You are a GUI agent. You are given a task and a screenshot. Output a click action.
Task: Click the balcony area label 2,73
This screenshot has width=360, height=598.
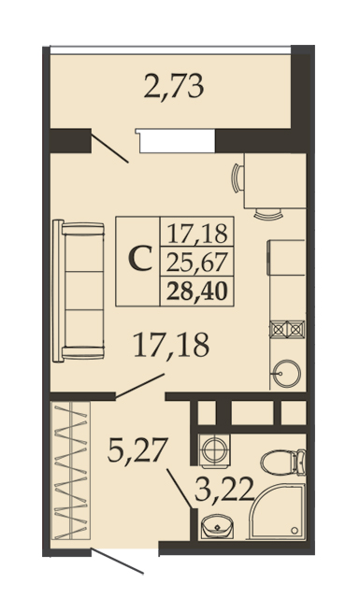point(174,87)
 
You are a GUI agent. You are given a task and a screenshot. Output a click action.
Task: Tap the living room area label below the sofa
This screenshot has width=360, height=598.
point(171,345)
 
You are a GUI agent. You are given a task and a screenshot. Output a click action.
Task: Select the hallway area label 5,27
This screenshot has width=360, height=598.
point(137,450)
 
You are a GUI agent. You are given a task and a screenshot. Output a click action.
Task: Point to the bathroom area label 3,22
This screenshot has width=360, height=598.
point(224,490)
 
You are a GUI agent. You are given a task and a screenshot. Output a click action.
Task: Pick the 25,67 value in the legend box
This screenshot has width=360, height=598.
point(197,263)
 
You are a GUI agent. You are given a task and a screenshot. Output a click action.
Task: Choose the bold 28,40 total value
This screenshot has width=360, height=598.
point(197,292)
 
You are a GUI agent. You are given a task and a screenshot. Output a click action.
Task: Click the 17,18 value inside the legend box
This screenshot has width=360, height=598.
point(197,234)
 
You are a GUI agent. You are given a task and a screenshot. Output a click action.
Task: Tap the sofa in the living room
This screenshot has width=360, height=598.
point(79,291)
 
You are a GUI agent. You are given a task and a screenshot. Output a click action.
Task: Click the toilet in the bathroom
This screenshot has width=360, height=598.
point(283,463)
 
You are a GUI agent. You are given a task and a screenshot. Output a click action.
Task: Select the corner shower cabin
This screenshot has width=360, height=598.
point(277,511)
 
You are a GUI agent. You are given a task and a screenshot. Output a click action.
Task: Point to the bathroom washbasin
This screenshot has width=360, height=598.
point(217,527)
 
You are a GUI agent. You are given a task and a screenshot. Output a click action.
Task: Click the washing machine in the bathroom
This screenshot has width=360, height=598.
point(214,450)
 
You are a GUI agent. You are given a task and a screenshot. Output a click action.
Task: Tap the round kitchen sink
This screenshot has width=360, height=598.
point(286,374)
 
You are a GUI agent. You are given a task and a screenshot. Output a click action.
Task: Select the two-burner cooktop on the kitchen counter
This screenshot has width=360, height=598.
point(287,329)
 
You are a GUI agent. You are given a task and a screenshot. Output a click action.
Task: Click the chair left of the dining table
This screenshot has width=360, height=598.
point(238,178)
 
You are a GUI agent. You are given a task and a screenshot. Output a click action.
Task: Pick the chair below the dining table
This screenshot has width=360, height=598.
point(268,214)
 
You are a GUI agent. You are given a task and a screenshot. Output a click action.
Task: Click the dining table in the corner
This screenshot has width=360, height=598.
point(275,180)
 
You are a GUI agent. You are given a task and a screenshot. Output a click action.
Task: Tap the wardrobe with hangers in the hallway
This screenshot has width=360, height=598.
point(71,470)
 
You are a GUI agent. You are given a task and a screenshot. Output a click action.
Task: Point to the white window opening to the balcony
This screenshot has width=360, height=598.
point(178,141)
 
